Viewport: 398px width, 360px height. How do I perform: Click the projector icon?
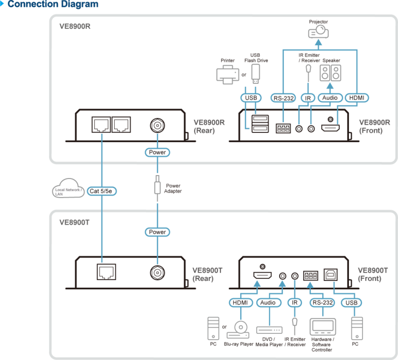[x=318, y=32]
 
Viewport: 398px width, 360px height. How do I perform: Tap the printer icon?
[x=228, y=75]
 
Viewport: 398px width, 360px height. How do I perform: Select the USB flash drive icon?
[x=255, y=74]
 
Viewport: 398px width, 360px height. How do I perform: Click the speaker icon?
[x=330, y=73]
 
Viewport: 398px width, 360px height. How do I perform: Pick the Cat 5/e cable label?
[x=101, y=191]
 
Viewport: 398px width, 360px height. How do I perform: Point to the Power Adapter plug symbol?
[x=157, y=185]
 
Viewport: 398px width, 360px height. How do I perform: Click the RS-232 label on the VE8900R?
[x=283, y=98]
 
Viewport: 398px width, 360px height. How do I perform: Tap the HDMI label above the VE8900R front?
[x=357, y=98]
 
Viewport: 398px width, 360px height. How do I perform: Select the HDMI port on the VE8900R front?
[x=330, y=128]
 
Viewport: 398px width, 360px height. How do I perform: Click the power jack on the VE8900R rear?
[x=157, y=125]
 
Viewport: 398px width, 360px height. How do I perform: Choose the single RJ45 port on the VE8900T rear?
[x=106, y=272]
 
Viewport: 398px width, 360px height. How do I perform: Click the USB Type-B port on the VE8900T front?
[x=331, y=275]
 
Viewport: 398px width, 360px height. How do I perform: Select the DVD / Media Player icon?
[x=269, y=330]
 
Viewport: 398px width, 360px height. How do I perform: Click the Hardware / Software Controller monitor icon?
[x=323, y=327]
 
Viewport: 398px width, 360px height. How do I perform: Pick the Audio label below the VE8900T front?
[x=268, y=303]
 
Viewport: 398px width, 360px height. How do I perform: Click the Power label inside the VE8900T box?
[x=157, y=232]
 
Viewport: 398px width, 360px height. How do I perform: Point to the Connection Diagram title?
[x=53, y=4]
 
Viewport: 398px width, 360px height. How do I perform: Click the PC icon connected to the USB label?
[x=357, y=328]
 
